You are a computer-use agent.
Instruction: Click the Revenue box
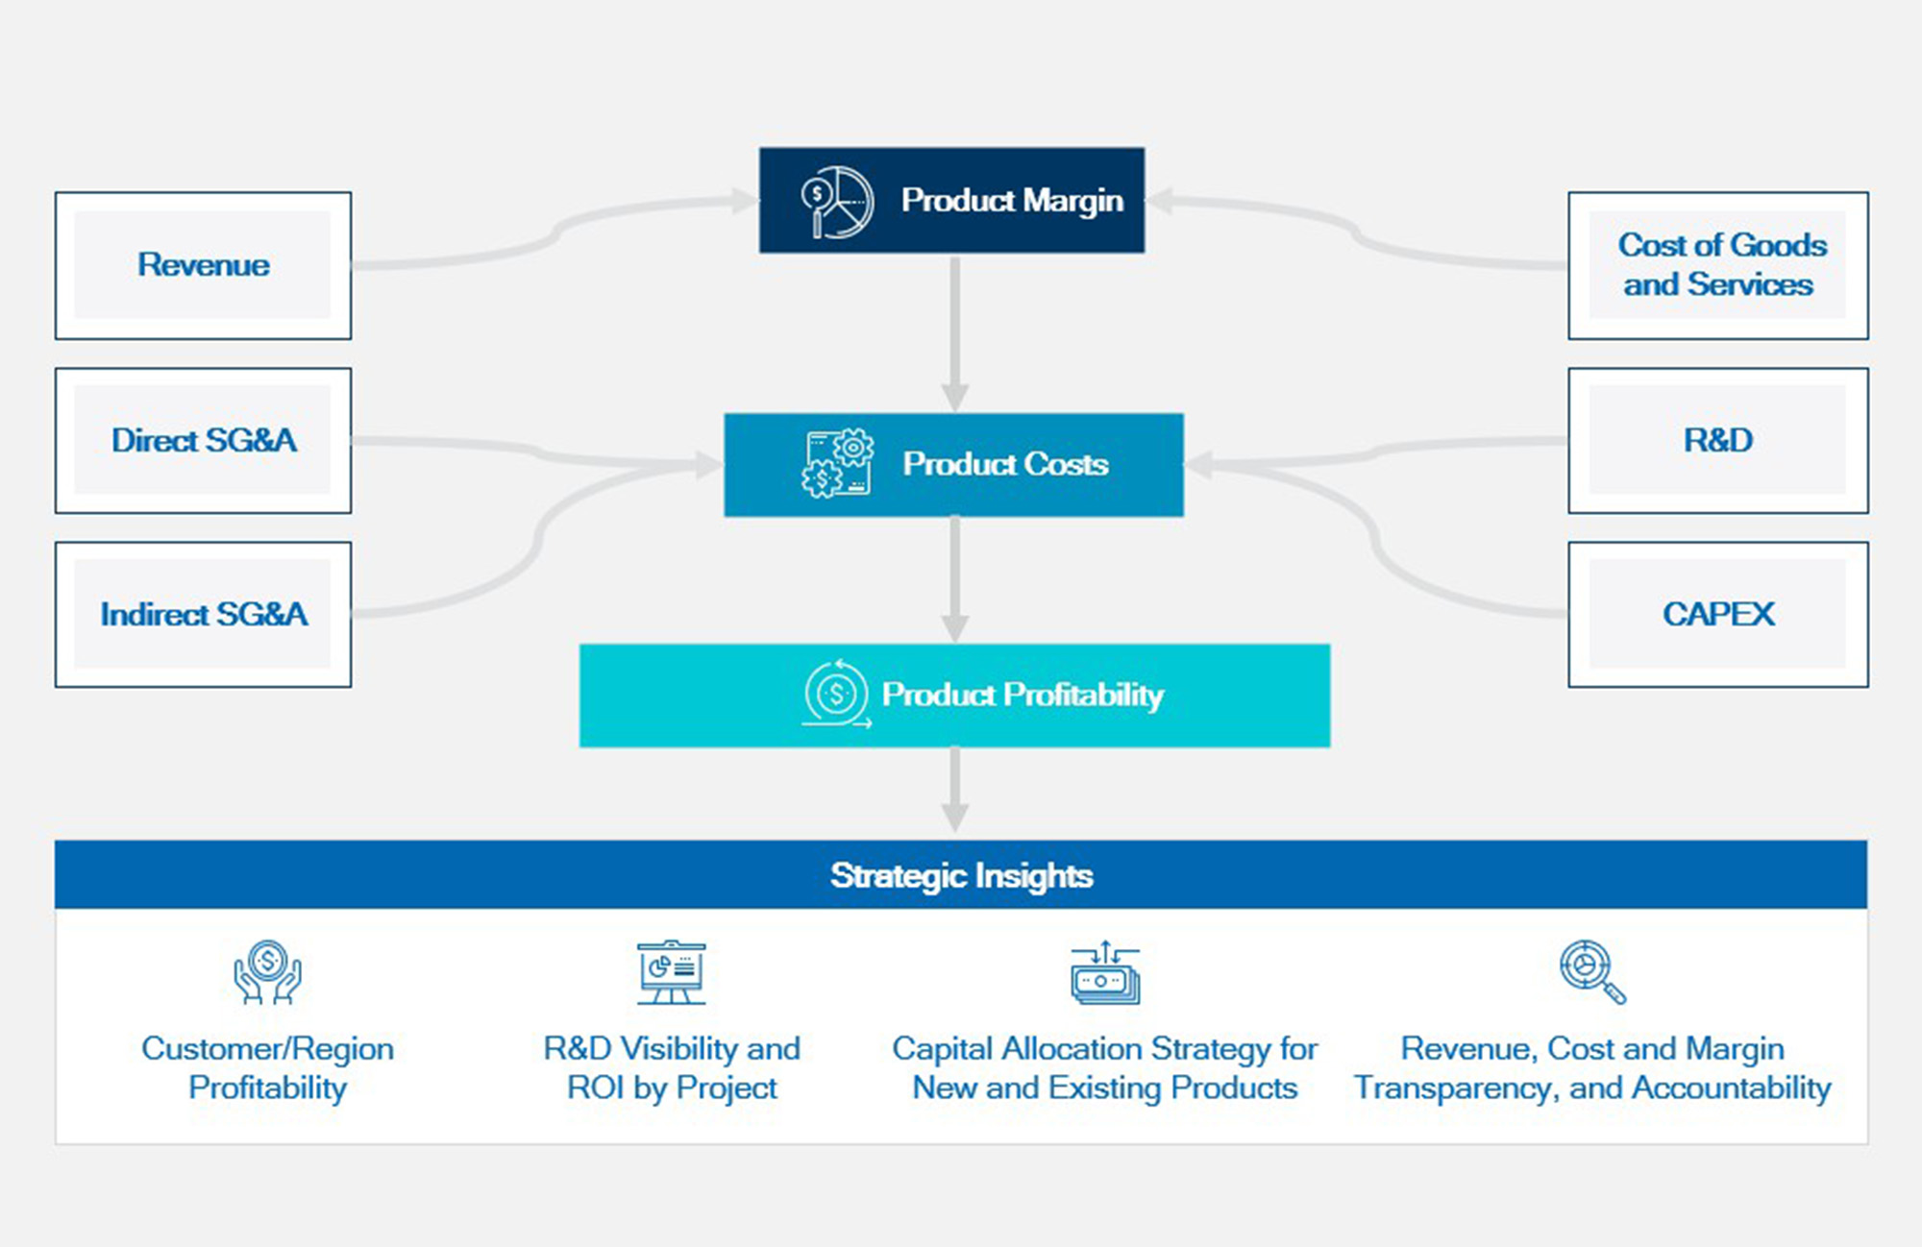[203, 265]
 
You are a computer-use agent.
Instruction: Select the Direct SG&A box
[203, 440]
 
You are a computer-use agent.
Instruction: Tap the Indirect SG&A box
[203, 614]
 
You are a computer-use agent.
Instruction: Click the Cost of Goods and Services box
[1717, 265]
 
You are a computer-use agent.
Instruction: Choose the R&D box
[1717, 440]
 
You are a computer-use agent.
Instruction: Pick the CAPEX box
[1717, 614]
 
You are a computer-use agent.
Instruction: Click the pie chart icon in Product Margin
[837, 202]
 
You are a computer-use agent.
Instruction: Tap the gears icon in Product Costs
[837, 464]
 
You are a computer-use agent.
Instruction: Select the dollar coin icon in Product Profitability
[835, 694]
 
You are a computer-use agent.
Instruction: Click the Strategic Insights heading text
[961, 875]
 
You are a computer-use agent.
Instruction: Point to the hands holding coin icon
[267, 972]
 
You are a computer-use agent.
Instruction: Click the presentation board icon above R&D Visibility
[671, 972]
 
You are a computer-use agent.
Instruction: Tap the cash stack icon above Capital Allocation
[1105, 973]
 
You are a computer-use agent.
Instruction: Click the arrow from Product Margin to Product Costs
[954, 332]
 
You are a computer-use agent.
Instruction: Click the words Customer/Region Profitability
[267, 1067]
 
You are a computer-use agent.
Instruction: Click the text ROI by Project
[671, 1088]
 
